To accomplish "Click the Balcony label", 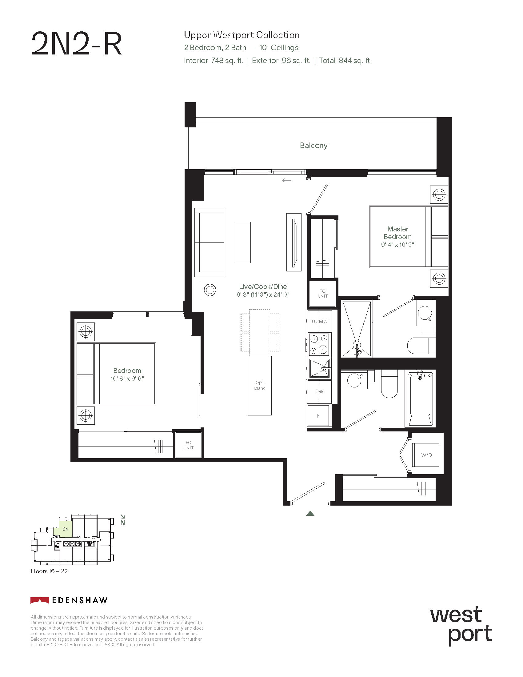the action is pyautogui.click(x=313, y=145).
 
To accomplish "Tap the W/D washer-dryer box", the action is pyautogui.click(x=426, y=455).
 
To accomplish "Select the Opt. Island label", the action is pyautogui.click(x=259, y=385).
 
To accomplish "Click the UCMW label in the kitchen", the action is pyautogui.click(x=319, y=322).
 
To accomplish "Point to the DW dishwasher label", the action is pyautogui.click(x=319, y=391).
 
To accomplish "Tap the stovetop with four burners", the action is pyautogui.click(x=319, y=344).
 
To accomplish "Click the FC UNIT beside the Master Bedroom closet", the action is pyautogui.click(x=322, y=294).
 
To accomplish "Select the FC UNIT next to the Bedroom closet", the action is pyautogui.click(x=188, y=445).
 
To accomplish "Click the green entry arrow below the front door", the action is pyautogui.click(x=310, y=514).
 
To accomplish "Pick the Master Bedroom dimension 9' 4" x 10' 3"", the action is pyautogui.click(x=397, y=245).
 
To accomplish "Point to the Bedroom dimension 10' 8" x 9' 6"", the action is pyautogui.click(x=127, y=379).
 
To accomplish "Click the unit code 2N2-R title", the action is pyautogui.click(x=77, y=44).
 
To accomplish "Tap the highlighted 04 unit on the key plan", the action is pyautogui.click(x=65, y=529).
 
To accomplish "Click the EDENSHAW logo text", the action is pyautogui.click(x=80, y=600).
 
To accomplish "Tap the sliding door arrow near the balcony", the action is pyautogui.click(x=287, y=180).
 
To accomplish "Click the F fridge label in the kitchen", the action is pyautogui.click(x=318, y=416).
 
